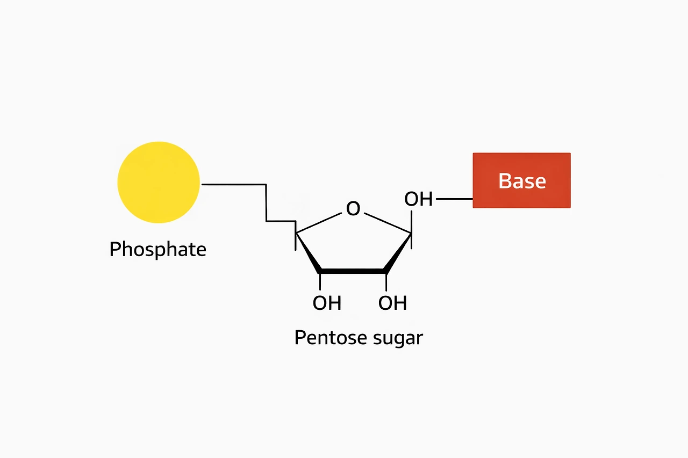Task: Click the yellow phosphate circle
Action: point(159,183)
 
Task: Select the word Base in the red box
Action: point(522,181)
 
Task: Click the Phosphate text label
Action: point(157,249)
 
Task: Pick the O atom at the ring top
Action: point(353,208)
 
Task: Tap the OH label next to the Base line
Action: point(418,199)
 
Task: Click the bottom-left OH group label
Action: point(327,303)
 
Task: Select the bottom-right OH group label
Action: point(392,303)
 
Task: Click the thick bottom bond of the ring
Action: point(353,271)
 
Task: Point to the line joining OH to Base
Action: point(454,199)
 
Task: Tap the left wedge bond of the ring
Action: point(309,252)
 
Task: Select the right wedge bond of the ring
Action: point(398,252)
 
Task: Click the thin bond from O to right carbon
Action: point(387,223)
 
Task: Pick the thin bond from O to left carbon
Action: point(319,223)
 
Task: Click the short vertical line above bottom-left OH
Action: point(320,282)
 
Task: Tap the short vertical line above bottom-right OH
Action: point(386,282)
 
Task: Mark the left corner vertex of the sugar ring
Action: point(296,232)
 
